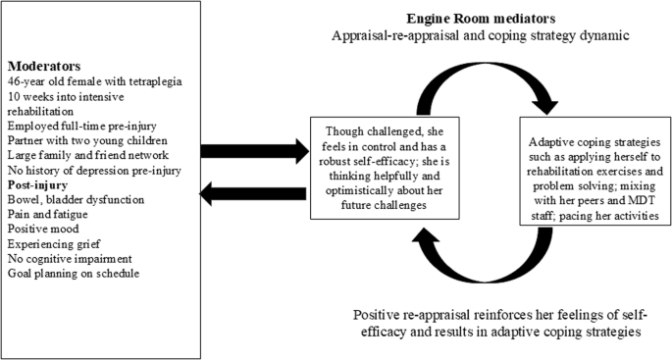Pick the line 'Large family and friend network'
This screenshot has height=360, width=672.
pos(84,154)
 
